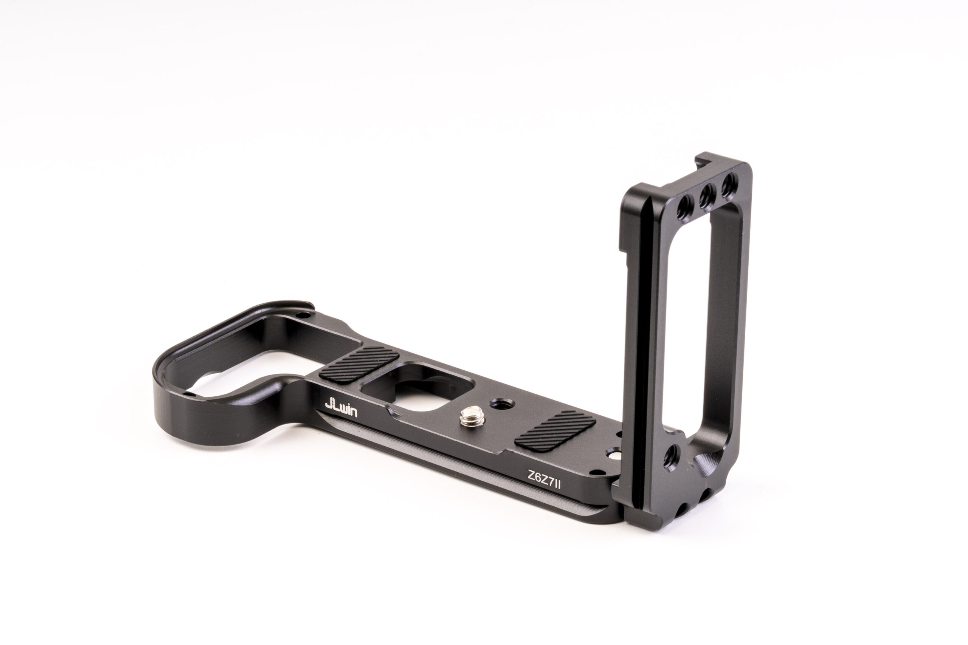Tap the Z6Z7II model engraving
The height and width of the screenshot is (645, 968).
pos(544,479)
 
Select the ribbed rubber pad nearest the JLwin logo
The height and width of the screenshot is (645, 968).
pos(359,365)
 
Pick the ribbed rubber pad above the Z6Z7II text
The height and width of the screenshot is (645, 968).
pos(554,430)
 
